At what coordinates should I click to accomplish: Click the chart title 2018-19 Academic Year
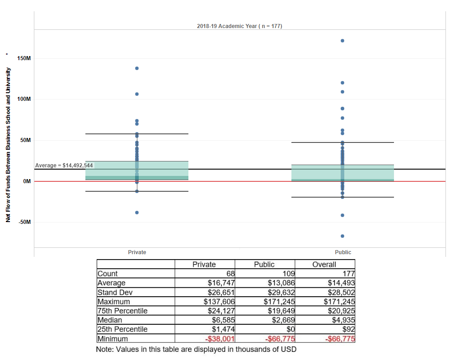(x=239, y=26)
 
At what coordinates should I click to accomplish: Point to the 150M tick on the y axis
(x=23, y=58)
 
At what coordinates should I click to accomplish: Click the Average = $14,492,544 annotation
(x=64, y=166)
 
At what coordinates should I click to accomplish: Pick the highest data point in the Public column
(x=342, y=41)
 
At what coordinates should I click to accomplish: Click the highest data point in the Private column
(x=137, y=68)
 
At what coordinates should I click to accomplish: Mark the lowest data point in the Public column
(x=342, y=236)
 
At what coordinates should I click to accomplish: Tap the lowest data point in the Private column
(x=137, y=213)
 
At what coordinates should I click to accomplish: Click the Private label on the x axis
(x=137, y=252)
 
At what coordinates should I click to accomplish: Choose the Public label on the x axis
(x=343, y=252)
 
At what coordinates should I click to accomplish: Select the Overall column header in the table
(x=324, y=265)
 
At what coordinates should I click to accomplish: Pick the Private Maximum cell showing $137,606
(x=219, y=302)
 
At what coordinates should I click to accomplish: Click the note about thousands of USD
(x=196, y=350)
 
